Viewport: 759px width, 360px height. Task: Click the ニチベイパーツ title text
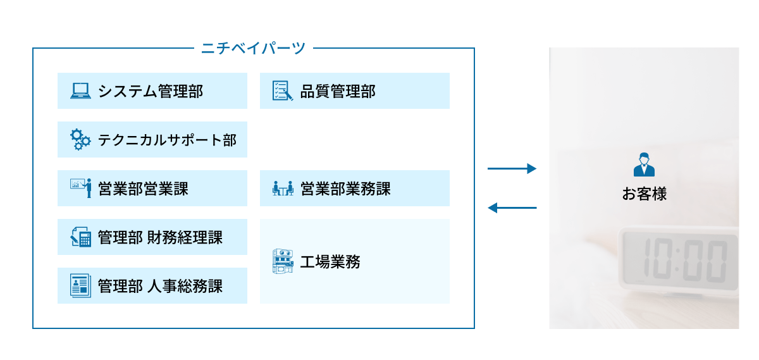tap(253, 48)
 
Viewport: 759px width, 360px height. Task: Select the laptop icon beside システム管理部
tap(80, 91)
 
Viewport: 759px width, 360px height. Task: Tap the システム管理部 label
tap(151, 91)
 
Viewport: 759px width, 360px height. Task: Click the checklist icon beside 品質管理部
tap(282, 91)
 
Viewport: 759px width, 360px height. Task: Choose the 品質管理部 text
tap(337, 91)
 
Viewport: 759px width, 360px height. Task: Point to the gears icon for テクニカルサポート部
tap(80, 139)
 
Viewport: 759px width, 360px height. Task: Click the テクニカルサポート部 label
tap(167, 140)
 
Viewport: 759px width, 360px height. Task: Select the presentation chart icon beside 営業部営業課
tap(80, 188)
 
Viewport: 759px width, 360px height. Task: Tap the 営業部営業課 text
tap(143, 189)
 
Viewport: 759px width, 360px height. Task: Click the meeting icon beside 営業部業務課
tap(283, 188)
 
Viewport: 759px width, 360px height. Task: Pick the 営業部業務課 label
tap(345, 189)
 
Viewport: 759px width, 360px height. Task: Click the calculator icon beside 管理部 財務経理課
tap(80, 237)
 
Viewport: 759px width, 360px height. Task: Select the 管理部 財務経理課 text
tap(160, 237)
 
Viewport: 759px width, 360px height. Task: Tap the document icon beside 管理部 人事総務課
tap(80, 285)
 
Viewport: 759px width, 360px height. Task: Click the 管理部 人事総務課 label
tap(160, 286)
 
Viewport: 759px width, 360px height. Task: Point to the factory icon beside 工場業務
tap(283, 261)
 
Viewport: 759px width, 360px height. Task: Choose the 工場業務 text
tap(330, 261)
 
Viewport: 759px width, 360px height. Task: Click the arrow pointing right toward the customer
tap(512, 169)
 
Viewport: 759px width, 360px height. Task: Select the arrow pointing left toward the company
tap(512, 208)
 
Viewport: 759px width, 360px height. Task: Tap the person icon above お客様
tap(644, 164)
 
